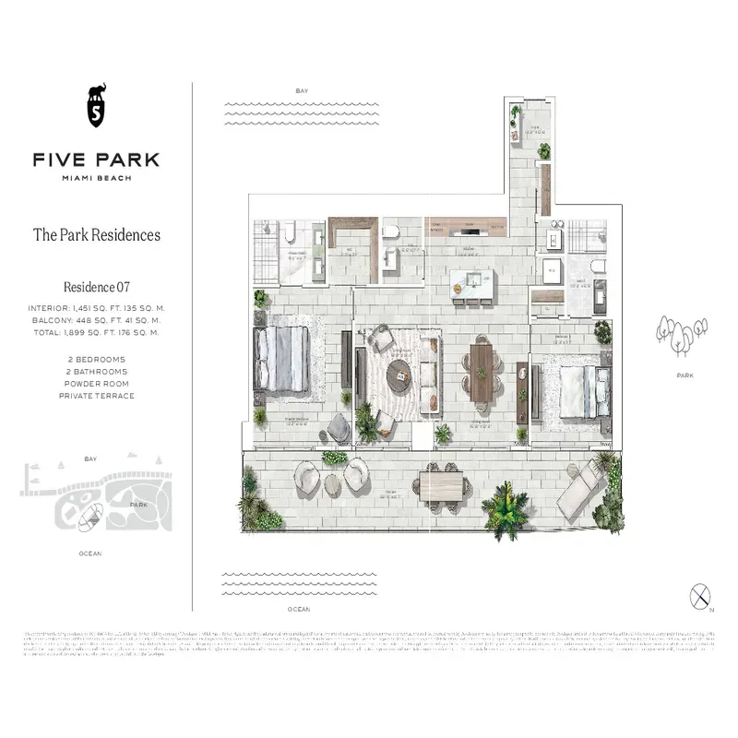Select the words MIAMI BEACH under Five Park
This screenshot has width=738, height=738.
click(96, 178)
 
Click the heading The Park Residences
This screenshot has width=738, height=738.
click(96, 234)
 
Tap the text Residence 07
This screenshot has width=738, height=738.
click(96, 287)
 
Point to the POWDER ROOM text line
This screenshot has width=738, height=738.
click(96, 383)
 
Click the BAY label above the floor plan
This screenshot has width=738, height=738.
click(301, 91)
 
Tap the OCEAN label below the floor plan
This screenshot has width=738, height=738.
click(298, 610)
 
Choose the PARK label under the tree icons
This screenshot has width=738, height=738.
click(684, 376)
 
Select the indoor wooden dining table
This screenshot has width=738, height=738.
click(482, 373)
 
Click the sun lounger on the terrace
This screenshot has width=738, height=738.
click(577, 489)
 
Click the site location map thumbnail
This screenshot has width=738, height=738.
click(96, 498)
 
